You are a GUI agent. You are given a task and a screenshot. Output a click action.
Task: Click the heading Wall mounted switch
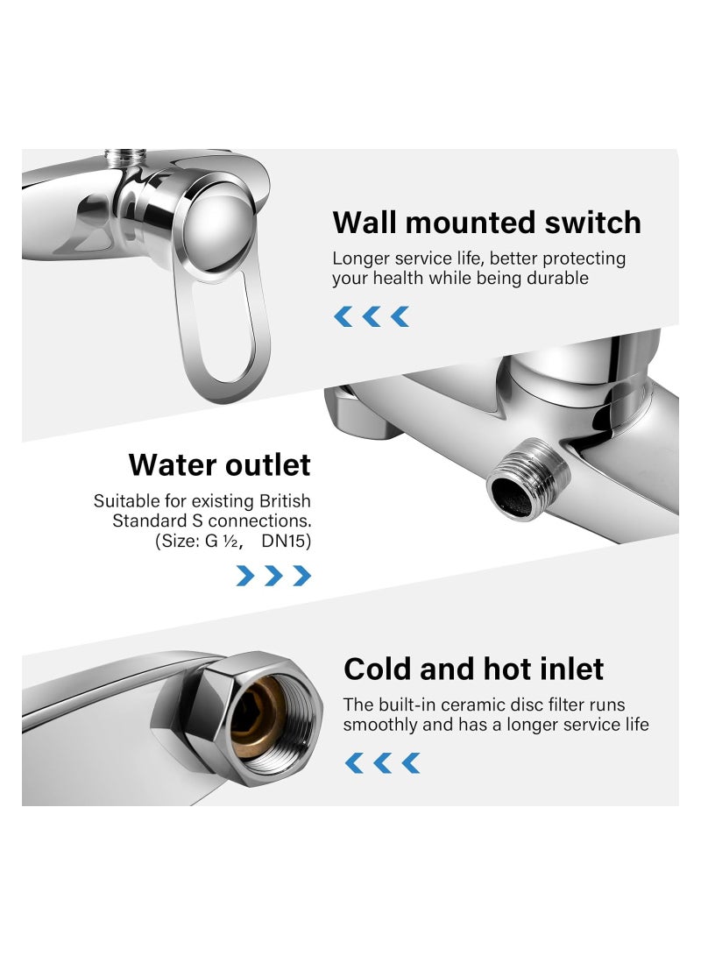[x=486, y=223]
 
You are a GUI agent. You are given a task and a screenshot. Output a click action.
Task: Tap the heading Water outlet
[x=219, y=464]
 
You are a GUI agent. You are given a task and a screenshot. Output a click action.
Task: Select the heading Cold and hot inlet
[x=473, y=669]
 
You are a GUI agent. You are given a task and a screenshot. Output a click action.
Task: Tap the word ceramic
[x=476, y=705]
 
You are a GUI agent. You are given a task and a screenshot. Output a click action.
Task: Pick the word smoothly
[x=378, y=725]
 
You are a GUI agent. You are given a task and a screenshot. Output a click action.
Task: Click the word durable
[x=561, y=279]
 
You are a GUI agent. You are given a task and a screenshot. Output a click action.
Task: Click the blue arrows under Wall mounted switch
[x=372, y=316]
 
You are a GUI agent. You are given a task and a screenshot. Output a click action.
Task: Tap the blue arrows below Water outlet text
[x=273, y=576]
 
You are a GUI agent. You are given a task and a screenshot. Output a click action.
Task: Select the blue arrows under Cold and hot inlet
[x=382, y=763]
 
